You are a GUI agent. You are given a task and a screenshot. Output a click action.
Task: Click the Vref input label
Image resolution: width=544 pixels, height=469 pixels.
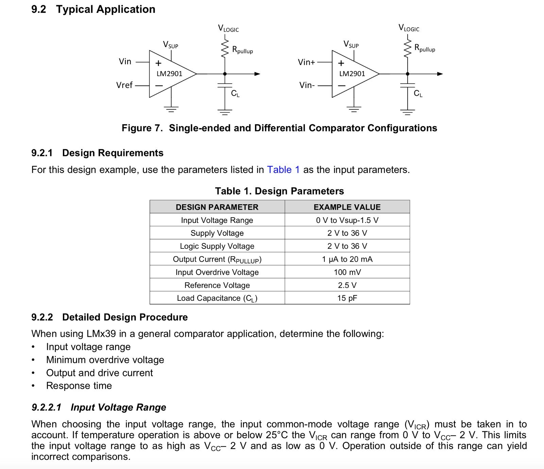pos(124,85)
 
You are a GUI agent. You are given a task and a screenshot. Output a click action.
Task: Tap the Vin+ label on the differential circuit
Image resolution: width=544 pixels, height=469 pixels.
pos(306,62)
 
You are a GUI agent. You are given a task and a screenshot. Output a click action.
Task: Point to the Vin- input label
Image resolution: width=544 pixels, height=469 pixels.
pos(307,85)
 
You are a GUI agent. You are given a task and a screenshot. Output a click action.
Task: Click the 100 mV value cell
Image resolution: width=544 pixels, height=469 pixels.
pos(347,272)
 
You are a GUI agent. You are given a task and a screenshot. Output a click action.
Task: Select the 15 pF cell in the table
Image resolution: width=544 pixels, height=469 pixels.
pos(347,298)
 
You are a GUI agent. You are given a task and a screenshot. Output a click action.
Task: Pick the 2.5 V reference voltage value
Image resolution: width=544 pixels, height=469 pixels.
pos(347,285)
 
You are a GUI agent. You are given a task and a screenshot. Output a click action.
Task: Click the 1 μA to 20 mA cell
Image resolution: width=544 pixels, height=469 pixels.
pos(347,259)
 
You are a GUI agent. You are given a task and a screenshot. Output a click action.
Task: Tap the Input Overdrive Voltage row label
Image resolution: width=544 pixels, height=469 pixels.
pos(217,272)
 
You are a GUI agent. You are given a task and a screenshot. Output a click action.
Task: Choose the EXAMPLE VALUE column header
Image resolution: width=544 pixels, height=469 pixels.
pos(347,207)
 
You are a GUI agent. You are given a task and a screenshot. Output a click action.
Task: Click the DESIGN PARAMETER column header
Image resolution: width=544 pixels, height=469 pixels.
pos(217,207)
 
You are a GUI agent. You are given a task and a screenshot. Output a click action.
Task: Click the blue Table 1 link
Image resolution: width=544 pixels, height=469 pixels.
pos(283,170)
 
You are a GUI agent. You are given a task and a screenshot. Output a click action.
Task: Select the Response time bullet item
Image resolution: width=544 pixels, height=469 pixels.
pos(79,386)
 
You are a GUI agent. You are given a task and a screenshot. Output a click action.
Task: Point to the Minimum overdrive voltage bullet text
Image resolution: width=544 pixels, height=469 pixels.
pos(105,360)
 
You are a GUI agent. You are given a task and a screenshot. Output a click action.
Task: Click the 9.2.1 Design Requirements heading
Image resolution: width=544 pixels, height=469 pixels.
pos(97,153)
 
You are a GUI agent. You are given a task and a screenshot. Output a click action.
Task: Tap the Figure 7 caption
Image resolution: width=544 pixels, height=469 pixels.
pos(279,128)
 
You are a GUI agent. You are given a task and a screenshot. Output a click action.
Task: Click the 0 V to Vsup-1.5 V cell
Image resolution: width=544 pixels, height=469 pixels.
pos(347,220)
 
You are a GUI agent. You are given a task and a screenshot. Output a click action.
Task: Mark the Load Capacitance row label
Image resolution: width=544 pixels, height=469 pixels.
pos(217,298)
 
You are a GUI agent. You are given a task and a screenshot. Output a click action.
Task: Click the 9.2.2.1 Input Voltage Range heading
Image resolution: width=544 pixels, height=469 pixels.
pos(99,407)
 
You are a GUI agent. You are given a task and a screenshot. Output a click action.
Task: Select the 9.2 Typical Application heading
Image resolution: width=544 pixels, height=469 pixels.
pos(93,9)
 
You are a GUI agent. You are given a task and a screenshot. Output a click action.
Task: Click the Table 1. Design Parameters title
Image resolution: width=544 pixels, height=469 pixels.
pos(279,191)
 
